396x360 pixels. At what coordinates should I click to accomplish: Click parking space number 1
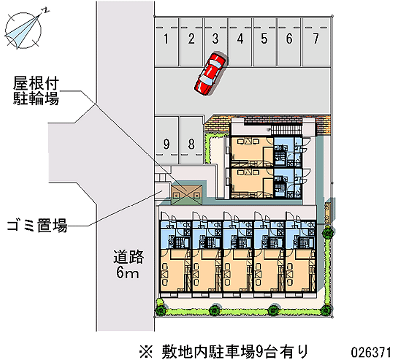tap(167, 39)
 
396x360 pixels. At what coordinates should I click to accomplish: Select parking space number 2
tap(191, 39)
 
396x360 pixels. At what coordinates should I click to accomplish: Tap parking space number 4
tap(240, 39)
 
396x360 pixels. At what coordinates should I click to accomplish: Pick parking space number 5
tap(265, 39)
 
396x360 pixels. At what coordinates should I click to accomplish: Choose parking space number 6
tap(289, 39)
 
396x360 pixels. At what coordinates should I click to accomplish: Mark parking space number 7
tap(315, 39)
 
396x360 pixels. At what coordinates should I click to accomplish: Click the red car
tap(210, 73)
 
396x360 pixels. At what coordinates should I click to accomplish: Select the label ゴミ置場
tap(37, 227)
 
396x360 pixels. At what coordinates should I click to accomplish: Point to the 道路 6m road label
tap(128, 264)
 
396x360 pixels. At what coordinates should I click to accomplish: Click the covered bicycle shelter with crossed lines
tap(187, 191)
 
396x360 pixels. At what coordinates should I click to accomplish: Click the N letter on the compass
tap(45, 9)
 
